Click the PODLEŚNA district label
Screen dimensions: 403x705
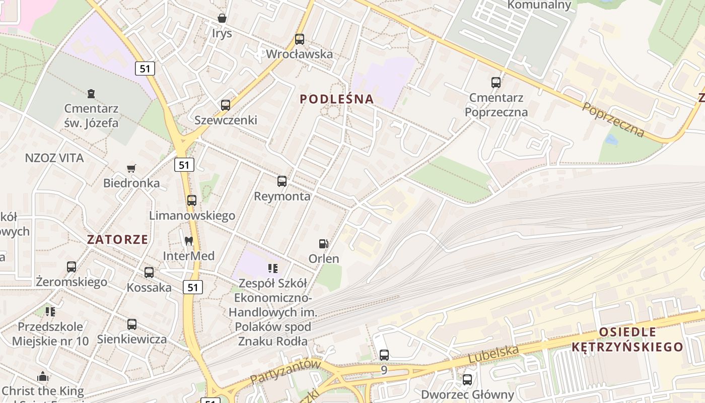click(x=337, y=99)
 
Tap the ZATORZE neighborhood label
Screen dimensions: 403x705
click(x=117, y=239)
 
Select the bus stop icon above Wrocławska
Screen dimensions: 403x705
click(x=300, y=39)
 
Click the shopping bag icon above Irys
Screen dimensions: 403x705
click(x=222, y=18)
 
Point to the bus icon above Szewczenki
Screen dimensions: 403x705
click(x=226, y=105)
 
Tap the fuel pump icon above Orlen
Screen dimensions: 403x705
click(x=323, y=244)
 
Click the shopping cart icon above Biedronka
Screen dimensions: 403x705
click(x=131, y=168)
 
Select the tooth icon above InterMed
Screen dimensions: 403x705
click(x=189, y=241)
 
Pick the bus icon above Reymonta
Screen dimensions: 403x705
click(x=282, y=181)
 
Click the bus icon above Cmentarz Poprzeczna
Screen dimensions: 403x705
click(x=496, y=82)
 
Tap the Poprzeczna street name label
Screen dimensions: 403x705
click(x=613, y=120)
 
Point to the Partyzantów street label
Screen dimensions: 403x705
click(x=285, y=372)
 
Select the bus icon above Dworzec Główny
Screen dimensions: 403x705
click(x=467, y=379)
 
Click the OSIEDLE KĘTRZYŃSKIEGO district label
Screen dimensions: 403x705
click(x=627, y=340)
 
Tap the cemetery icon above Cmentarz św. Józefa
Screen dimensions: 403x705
click(x=91, y=93)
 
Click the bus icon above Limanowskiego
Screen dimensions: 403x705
click(x=192, y=200)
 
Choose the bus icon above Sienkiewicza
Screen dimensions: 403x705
click(x=132, y=324)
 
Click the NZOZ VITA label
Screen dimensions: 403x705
click(x=54, y=158)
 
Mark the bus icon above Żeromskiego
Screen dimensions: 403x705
click(x=72, y=266)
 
